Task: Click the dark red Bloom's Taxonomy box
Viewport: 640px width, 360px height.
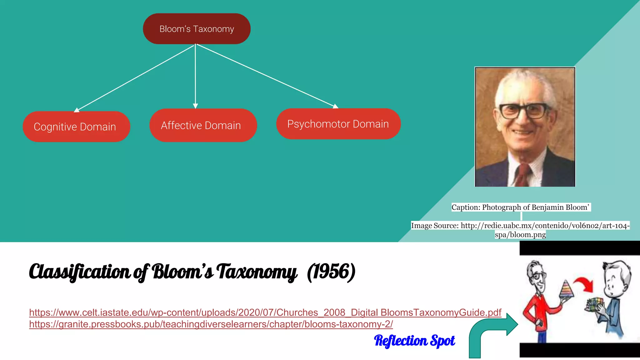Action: click(197, 29)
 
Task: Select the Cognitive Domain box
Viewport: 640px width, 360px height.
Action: click(76, 127)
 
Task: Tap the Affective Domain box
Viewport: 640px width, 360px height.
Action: click(203, 125)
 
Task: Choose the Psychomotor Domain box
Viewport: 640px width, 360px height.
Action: click(338, 124)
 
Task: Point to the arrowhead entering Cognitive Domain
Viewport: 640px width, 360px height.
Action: click(77, 110)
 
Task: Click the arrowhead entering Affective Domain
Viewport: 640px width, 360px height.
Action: click(195, 106)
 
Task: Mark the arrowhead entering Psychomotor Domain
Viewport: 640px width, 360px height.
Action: click(335, 106)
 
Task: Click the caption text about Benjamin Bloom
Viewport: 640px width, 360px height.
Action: click(520, 207)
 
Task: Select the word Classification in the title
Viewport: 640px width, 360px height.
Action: click(79, 271)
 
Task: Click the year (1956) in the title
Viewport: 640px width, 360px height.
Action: click(331, 271)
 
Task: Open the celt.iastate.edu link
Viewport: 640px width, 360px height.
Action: click(265, 312)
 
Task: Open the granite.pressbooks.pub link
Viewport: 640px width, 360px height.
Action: click(211, 324)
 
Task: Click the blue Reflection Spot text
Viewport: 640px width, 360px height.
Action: click(414, 341)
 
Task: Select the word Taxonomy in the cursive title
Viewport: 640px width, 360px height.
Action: click(256, 271)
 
